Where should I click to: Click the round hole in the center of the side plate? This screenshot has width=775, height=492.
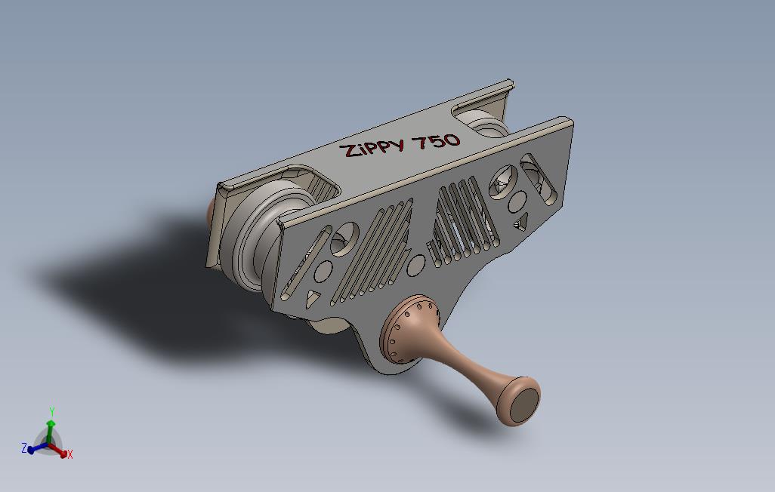tap(415, 266)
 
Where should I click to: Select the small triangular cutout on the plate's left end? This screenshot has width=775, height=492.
tap(312, 298)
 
